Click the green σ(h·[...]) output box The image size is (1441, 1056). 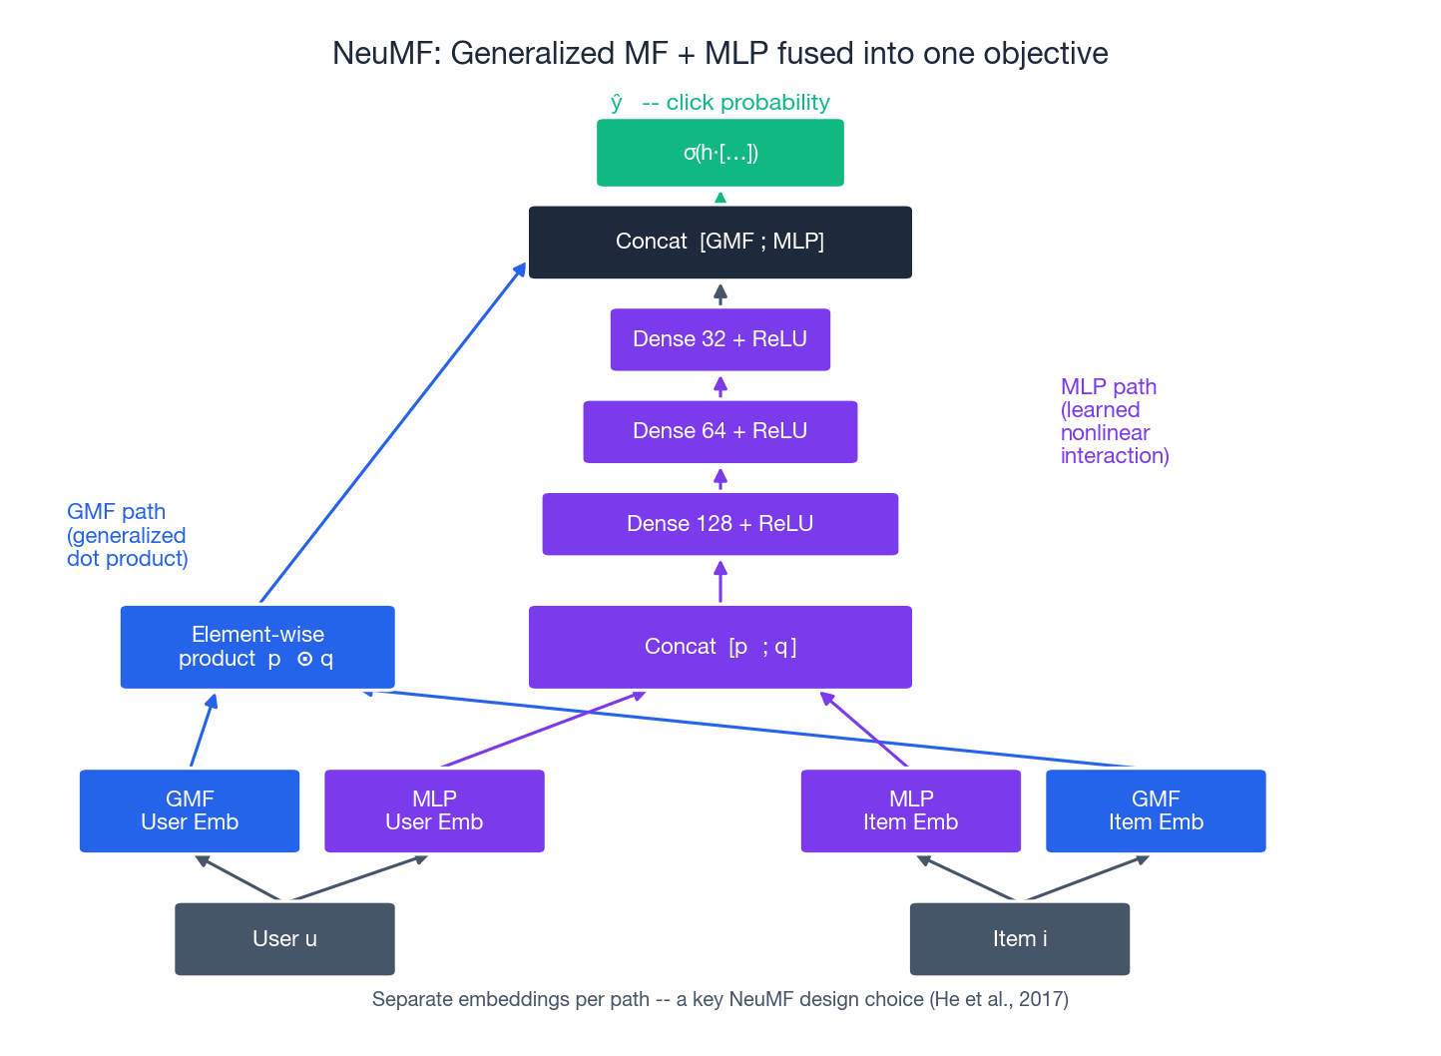pyautogui.click(x=720, y=153)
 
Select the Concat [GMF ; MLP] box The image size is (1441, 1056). pyautogui.click(x=720, y=242)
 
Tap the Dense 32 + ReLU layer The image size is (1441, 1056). pyautogui.click(x=720, y=339)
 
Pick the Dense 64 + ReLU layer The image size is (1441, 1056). pyautogui.click(x=720, y=431)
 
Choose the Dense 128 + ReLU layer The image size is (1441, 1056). pyautogui.click(x=720, y=524)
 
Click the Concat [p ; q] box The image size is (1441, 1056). pyautogui.click(x=720, y=647)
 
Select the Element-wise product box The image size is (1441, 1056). pyautogui.click(x=257, y=647)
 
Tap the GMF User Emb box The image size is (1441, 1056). pyautogui.click(x=190, y=810)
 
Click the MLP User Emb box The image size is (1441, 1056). pyautogui.click(x=434, y=810)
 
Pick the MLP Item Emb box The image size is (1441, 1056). pyautogui.click(x=910, y=810)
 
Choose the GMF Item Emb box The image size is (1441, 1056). pyautogui.click(x=1156, y=810)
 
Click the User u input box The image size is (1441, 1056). pyautogui.click(x=284, y=938)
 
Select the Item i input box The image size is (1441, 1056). pyautogui.click(x=1019, y=938)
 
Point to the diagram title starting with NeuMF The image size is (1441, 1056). pyautogui.click(x=720, y=53)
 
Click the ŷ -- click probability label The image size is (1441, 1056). pyautogui.click(x=720, y=103)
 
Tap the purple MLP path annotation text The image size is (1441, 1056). pyautogui.click(x=1114, y=421)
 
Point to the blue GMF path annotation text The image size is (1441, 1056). pyautogui.click(x=127, y=535)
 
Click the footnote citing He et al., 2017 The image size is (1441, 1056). pyautogui.click(x=720, y=999)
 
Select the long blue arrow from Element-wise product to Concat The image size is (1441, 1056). pyautogui.click(x=392, y=433)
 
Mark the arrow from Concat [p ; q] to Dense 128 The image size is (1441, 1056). pyautogui.click(x=720, y=582)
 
